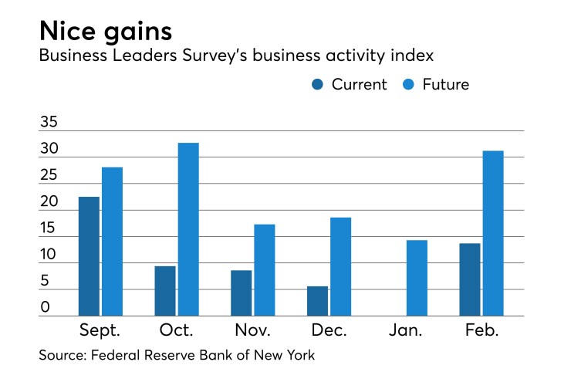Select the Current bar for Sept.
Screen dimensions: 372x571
[x=90, y=256]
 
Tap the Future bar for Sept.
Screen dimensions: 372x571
[x=112, y=242]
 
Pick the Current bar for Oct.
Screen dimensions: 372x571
[x=165, y=291]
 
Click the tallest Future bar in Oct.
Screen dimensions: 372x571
[x=188, y=229]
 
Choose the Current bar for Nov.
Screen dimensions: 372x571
[x=242, y=293]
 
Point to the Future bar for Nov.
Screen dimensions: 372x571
[x=265, y=270]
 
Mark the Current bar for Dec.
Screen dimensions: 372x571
[x=318, y=301]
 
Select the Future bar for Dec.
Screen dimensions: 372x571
[x=341, y=266]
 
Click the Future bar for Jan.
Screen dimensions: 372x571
[x=417, y=278]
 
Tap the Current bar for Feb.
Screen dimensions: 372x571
[x=470, y=279]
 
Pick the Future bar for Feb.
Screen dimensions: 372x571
[x=493, y=233]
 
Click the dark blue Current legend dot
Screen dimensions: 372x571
[x=318, y=85]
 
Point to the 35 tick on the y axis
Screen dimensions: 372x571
[x=50, y=123]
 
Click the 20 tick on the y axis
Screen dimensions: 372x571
[x=50, y=202]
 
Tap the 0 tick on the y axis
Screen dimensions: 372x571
[x=46, y=308]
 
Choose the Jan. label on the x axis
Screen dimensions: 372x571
[x=405, y=331]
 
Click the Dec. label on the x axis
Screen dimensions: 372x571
[x=329, y=331]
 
